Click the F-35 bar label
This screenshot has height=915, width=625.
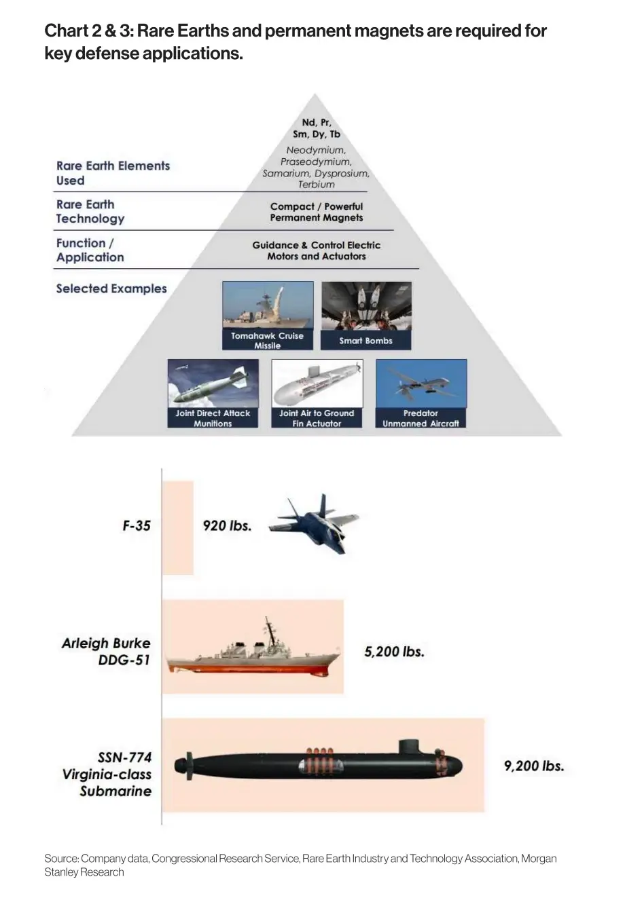[137, 525]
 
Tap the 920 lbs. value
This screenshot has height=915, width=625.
[227, 525]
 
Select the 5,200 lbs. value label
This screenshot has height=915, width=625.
[394, 652]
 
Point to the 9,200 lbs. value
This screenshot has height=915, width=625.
[534, 766]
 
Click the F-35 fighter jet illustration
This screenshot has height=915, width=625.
[314, 523]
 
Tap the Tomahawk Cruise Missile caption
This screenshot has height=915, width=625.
[268, 340]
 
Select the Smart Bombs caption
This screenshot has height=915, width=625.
[365, 341]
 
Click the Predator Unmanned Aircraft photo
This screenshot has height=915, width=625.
[421, 384]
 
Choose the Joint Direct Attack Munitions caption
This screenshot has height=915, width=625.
[213, 418]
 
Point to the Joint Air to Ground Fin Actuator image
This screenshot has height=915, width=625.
[317, 384]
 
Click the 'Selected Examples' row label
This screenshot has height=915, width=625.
[111, 288]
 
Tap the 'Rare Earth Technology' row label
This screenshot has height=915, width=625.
[90, 212]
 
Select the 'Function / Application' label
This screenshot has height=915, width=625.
[90, 250]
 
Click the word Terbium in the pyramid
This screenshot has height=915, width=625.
[317, 185]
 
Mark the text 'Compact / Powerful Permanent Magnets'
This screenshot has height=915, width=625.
[317, 212]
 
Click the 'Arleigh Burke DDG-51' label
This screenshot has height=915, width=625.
[106, 651]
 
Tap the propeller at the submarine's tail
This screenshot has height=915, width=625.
[189, 766]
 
